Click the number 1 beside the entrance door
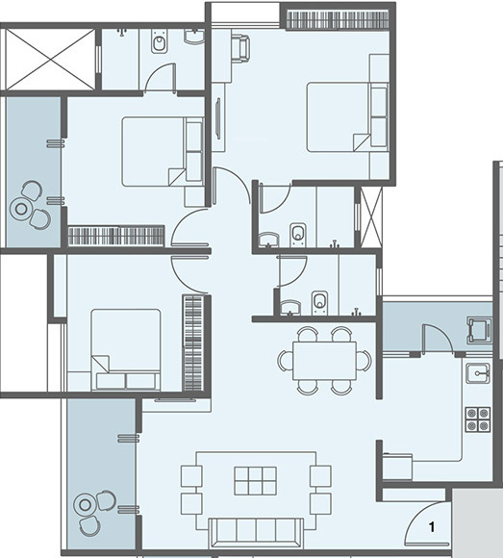click(432, 527)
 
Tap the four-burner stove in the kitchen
click(476, 419)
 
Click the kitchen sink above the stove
click(476, 373)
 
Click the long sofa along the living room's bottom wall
click(256, 530)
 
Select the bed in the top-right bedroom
click(346, 116)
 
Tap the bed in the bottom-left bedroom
click(125, 348)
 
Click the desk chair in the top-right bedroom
click(239, 45)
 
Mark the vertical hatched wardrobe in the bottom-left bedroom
click(193, 342)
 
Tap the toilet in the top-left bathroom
click(160, 43)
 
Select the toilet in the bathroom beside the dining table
click(320, 303)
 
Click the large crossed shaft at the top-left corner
click(48, 59)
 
